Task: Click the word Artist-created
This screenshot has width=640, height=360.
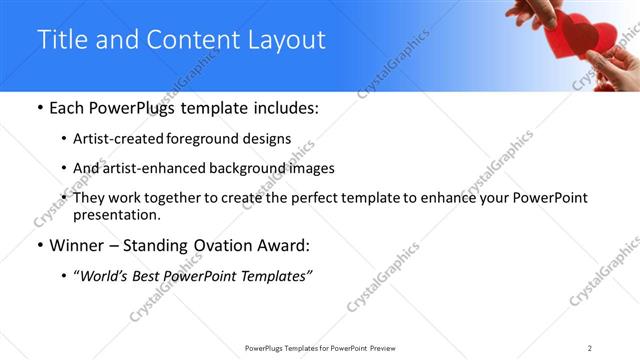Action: (x=118, y=139)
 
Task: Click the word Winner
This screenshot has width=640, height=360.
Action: (x=77, y=244)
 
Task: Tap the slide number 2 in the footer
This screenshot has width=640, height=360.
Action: (x=589, y=348)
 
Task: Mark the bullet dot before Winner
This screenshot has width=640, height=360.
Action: (x=38, y=245)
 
